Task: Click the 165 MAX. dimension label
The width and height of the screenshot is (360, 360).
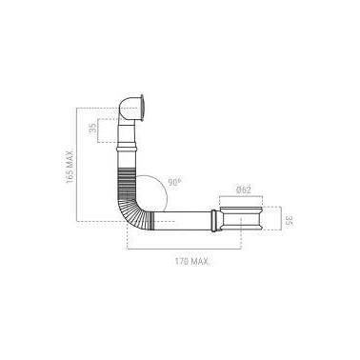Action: [x=70, y=165]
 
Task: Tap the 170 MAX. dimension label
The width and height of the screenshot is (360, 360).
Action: [x=191, y=261]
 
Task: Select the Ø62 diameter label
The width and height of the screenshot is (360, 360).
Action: [x=244, y=190]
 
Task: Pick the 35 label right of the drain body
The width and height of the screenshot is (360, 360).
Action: [x=289, y=220]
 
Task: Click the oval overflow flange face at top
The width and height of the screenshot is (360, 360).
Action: [x=143, y=108]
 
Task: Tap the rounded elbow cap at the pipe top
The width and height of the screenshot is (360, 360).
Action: [x=128, y=108]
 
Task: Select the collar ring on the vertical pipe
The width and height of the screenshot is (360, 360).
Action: [x=127, y=149]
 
